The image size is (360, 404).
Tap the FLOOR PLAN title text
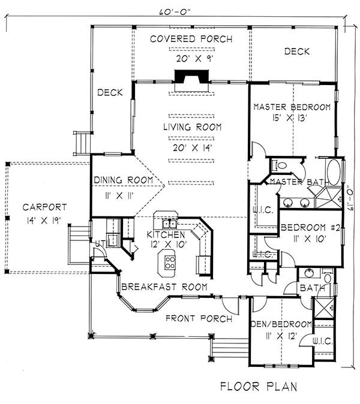click(x=257, y=385)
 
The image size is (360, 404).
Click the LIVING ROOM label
click(x=192, y=127)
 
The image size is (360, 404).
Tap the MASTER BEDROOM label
click(x=292, y=107)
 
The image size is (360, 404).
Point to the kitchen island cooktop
click(x=170, y=262)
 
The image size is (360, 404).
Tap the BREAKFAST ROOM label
click(x=164, y=287)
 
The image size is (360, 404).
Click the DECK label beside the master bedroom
click(x=296, y=52)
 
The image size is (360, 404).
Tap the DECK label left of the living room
click(x=110, y=92)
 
